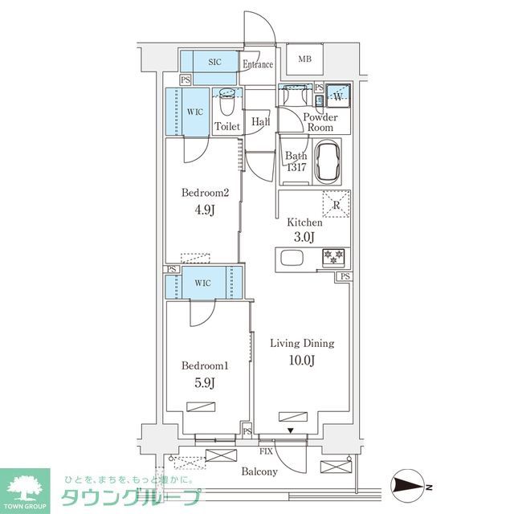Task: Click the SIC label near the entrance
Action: (x=215, y=62)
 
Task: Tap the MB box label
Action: (x=306, y=59)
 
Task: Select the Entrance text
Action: (x=258, y=65)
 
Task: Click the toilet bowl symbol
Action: (x=227, y=103)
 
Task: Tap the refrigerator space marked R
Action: (x=335, y=204)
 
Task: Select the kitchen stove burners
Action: (x=332, y=257)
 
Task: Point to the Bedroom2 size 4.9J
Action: (x=205, y=210)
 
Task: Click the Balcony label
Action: (x=259, y=471)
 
